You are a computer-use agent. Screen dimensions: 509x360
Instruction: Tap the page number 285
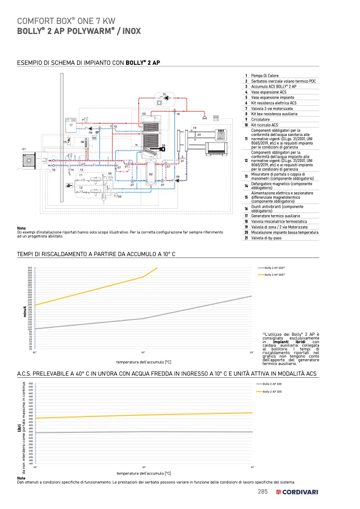tap(262, 492)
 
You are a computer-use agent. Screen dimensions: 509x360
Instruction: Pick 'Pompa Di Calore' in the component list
tap(265, 76)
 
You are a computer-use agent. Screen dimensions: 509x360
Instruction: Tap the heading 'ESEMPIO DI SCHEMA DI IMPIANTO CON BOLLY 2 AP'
tap(89, 63)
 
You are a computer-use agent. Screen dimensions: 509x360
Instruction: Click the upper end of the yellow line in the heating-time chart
tap(157, 268)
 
